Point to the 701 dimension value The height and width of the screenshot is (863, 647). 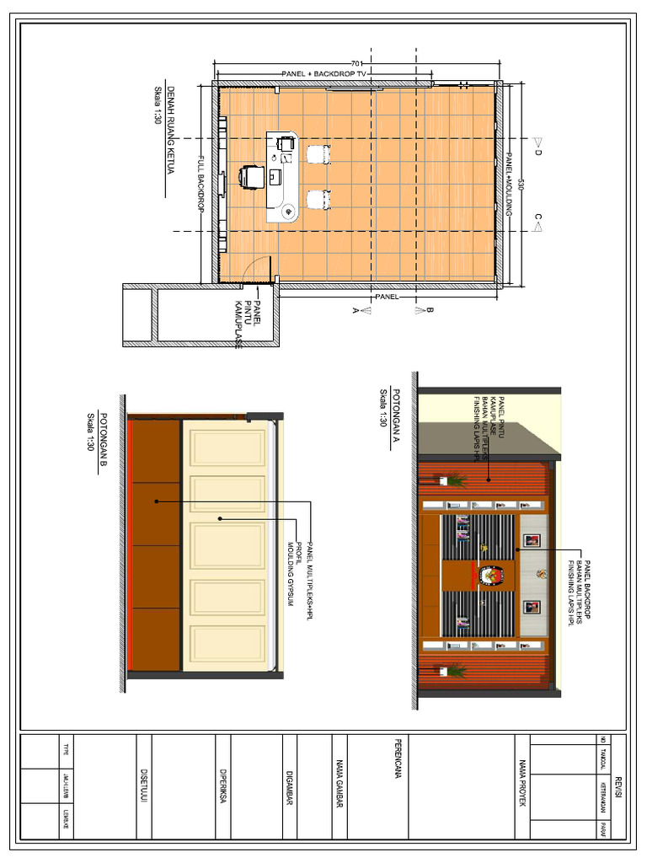356,64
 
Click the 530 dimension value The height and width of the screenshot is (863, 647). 521,185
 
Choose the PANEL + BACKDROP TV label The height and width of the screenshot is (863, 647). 326,74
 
